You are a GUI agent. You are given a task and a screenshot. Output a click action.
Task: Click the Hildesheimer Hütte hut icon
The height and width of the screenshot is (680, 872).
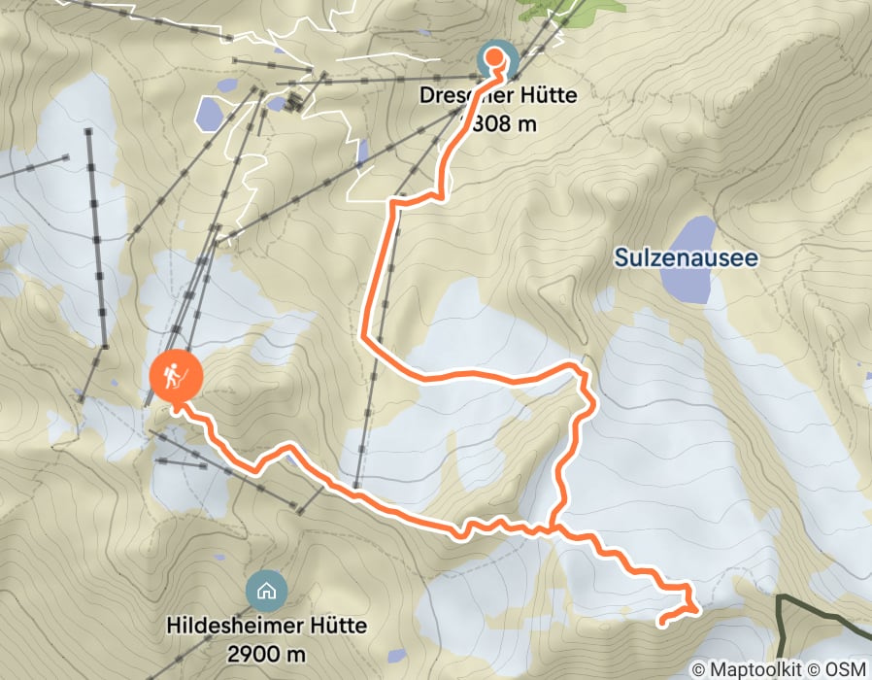265,589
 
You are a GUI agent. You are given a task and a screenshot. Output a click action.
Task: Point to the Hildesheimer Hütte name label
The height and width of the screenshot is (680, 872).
265,626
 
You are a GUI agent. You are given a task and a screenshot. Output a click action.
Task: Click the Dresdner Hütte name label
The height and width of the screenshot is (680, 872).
498,96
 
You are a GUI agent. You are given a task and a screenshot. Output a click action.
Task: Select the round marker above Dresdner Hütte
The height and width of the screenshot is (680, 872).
495,57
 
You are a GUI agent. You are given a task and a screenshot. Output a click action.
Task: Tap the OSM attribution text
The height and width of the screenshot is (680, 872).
845,669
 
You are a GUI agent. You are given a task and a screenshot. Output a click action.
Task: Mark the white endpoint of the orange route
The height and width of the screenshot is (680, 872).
662,621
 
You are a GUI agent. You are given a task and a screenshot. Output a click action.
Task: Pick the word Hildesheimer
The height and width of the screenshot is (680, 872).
234,626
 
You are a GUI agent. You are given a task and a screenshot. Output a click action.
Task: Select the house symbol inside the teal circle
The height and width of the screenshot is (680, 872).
265,589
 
